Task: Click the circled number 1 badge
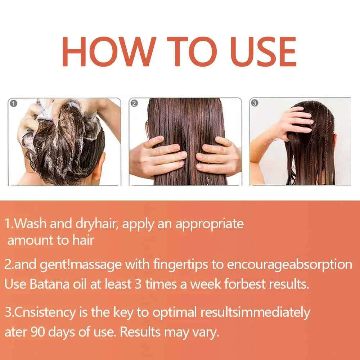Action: coord(14,104)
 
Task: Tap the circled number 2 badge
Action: coord(134,104)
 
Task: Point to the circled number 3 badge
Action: coord(255,103)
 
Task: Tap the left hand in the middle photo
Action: coord(158,157)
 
